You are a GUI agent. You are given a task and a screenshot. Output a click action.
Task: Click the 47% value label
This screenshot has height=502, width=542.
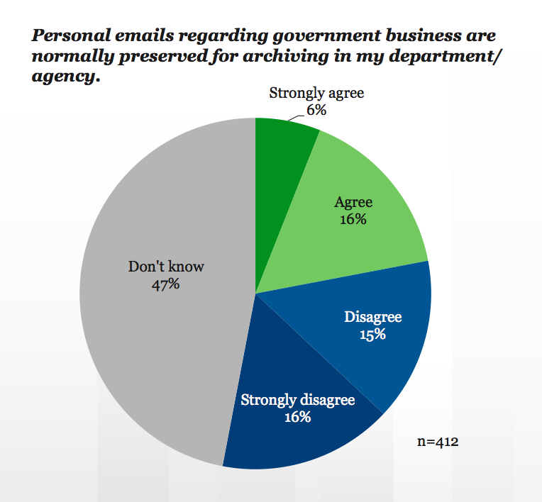(165, 284)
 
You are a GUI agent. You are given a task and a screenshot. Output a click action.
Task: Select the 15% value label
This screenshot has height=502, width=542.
(372, 334)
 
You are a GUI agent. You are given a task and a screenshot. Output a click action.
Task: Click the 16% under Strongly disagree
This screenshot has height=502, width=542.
(297, 417)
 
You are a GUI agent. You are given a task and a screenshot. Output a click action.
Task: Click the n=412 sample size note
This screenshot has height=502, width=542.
(438, 442)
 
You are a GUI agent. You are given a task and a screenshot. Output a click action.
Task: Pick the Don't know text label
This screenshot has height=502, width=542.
(165, 267)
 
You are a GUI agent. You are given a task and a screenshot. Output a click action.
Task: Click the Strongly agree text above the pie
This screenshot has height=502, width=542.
(316, 93)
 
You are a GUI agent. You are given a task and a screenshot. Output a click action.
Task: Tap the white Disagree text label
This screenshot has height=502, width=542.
(372, 317)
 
